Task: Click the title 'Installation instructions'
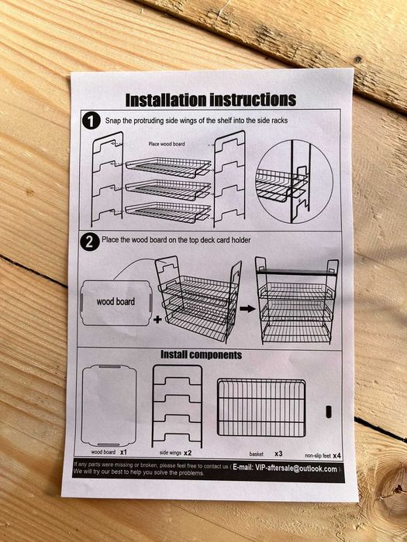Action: (211, 100)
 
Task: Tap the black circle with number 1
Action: (91, 121)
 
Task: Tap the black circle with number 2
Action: (91, 242)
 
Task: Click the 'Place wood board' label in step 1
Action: (167, 144)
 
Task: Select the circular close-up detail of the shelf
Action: (294, 180)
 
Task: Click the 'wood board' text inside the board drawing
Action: (116, 300)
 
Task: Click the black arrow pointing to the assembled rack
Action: (247, 307)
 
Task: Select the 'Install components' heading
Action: (201, 355)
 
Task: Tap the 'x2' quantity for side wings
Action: (188, 451)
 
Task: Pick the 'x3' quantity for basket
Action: (278, 452)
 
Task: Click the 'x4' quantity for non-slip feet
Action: (337, 455)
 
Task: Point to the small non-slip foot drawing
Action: (329, 408)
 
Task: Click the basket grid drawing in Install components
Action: (261, 408)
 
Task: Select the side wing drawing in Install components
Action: (177, 404)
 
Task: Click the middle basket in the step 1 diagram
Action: (168, 189)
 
